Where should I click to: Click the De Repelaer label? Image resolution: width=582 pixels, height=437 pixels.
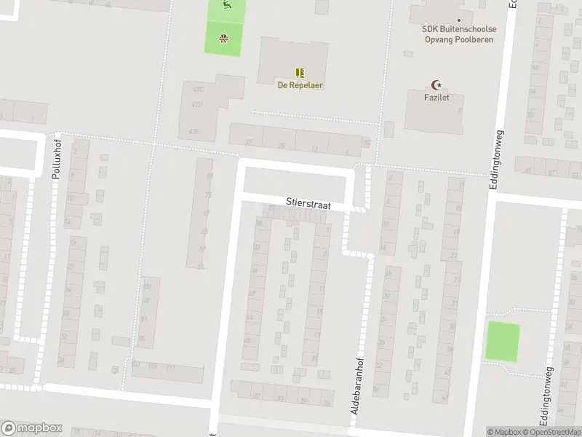pyautogui.click(x=300, y=85)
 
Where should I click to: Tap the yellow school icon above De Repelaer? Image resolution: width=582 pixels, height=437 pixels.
pyautogui.click(x=300, y=72)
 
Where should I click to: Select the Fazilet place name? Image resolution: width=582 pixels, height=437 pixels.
pyautogui.click(x=436, y=97)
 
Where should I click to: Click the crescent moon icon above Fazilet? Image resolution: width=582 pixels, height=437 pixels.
pyautogui.click(x=436, y=84)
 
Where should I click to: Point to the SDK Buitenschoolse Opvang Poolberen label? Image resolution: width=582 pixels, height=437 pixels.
pyautogui.click(x=459, y=34)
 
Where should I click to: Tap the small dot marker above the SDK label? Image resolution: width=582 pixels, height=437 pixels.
pyautogui.click(x=459, y=20)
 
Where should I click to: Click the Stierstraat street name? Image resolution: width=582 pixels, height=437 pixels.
pyautogui.click(x=308, y=205)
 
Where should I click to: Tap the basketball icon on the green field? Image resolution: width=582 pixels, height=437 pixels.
pyautogui.click(x=224, y=39)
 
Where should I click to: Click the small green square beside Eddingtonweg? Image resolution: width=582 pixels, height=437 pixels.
pyautogui.click(x=503, y=341)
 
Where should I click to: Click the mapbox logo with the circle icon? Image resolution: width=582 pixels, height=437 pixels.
pyautogui.click(x=32, y=428)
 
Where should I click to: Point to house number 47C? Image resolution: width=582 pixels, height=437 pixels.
pyautogui.click(x=198, y=90)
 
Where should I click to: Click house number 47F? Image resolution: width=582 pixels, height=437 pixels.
pyautogui.click(x=193, y=131)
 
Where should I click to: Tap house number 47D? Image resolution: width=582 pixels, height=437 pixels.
pyautogui.click(x=196, y=105)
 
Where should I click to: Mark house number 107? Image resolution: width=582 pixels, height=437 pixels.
pyautogui.click(x=153, y=365)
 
